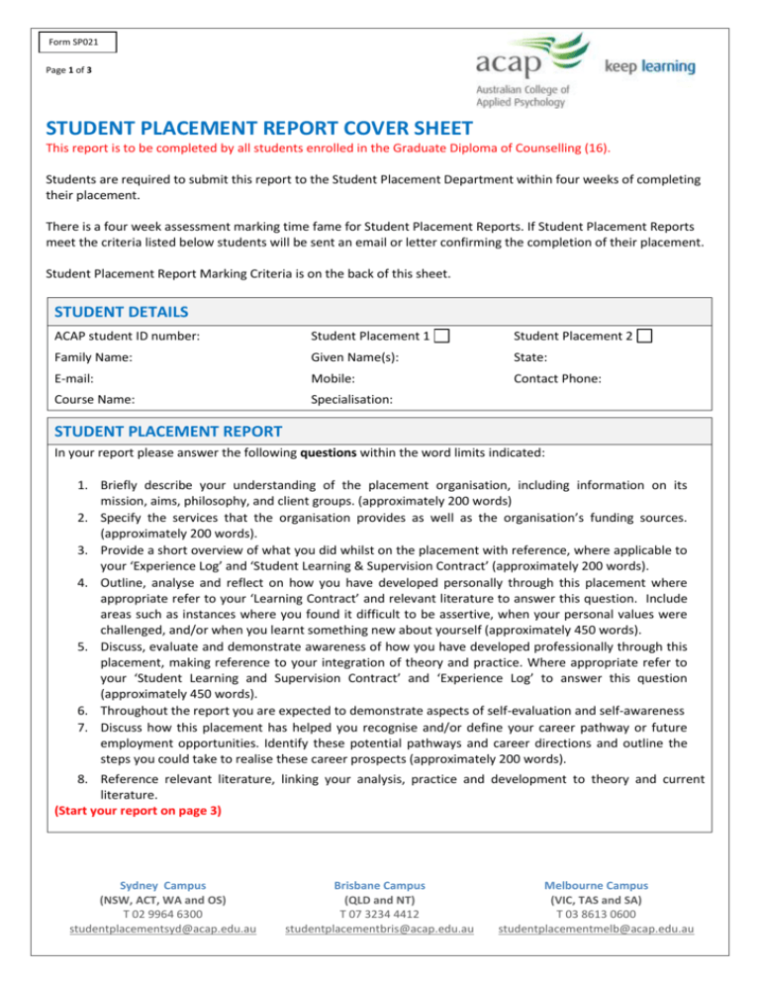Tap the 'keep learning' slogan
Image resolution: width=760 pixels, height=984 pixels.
pyautogui.click(x=649, y=66)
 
